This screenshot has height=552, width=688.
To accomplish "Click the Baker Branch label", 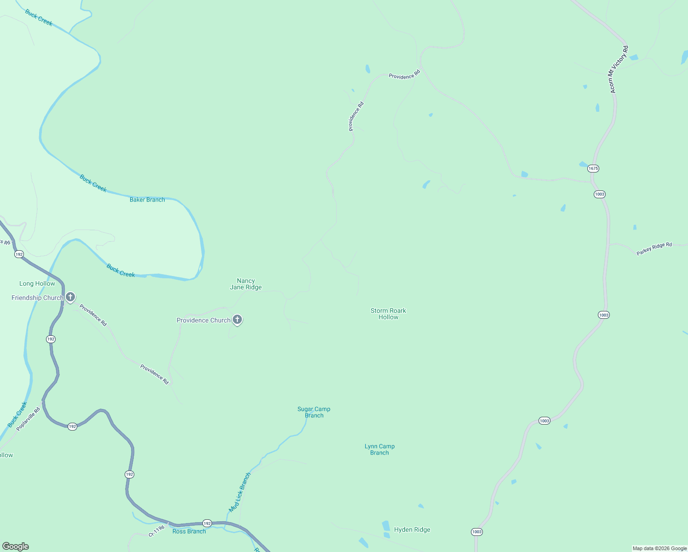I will [147, 200].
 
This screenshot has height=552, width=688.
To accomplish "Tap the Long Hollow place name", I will [37, 284].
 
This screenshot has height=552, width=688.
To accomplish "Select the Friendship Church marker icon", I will [70, 297].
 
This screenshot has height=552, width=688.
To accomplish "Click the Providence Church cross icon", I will [237, 319].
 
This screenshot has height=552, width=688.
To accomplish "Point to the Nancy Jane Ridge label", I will [246, 284].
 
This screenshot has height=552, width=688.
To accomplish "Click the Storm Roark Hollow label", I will [388, 314].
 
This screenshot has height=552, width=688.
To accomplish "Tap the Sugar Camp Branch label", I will [314, 412].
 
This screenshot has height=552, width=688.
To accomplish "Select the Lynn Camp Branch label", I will [379, 449].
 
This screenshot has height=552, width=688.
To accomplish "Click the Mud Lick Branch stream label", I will [240, 492].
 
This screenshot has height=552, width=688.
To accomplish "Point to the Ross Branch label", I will [189, 531].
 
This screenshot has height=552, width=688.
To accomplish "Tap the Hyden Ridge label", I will [412, 529].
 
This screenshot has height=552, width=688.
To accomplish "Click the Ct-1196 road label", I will [156, 531].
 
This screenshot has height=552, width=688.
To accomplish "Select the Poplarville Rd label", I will [29, 419].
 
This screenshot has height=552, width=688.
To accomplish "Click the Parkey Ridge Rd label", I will [654, 249].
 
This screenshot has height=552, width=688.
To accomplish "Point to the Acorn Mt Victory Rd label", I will [619, 69].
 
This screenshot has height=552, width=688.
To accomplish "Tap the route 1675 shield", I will [593, 168].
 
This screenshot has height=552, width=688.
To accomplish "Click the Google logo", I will [16, 546].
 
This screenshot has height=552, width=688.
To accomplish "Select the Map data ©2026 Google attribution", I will [659, 548].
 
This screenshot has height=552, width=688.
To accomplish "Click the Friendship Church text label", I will [37, 298].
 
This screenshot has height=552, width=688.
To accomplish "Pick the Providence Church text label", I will [203, 321].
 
